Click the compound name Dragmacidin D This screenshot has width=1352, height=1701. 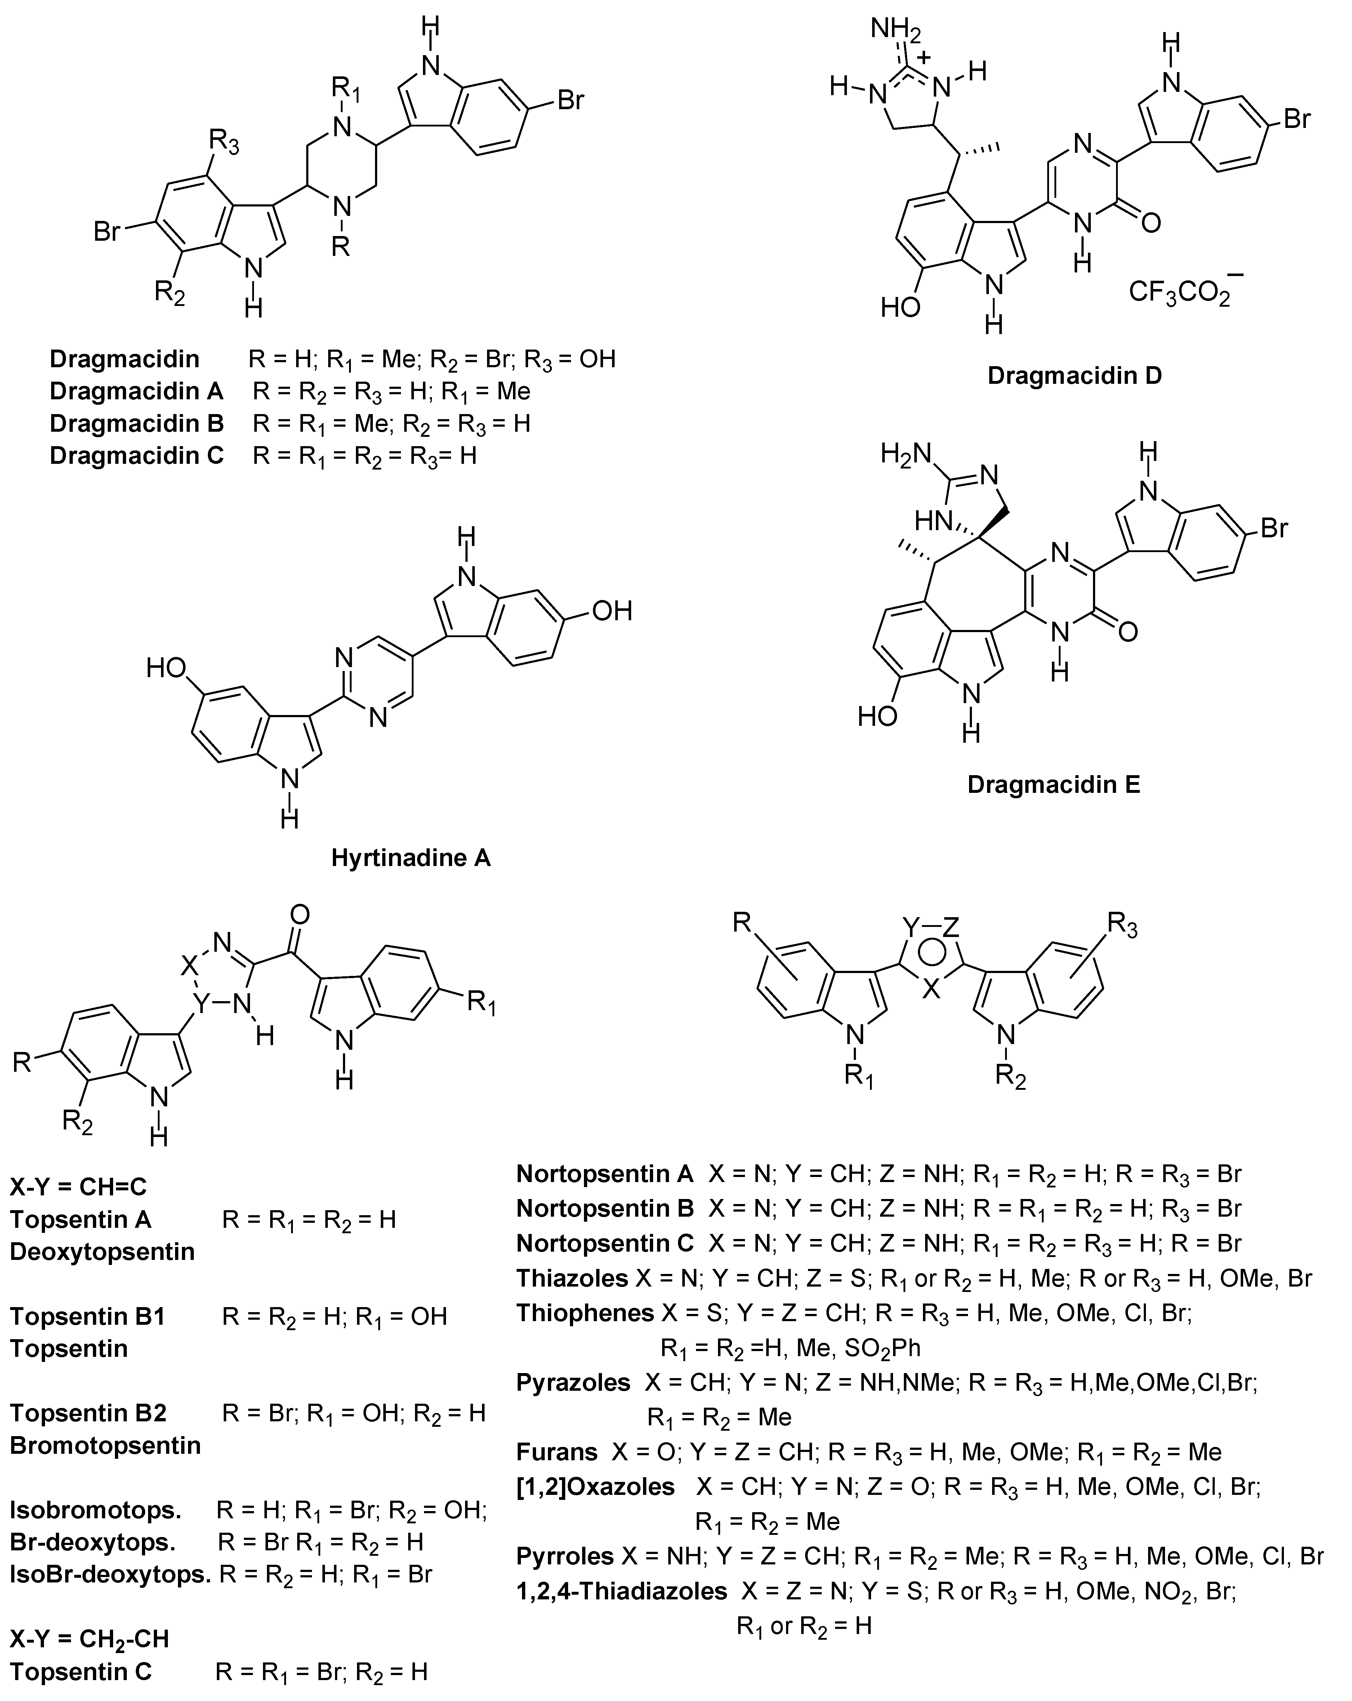[1074, 376]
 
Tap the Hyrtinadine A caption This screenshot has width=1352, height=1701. [411, 858]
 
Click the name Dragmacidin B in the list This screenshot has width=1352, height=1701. [137, 424]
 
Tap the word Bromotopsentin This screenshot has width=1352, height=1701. [105, 1445]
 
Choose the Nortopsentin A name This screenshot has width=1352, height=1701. [604, 1174]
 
